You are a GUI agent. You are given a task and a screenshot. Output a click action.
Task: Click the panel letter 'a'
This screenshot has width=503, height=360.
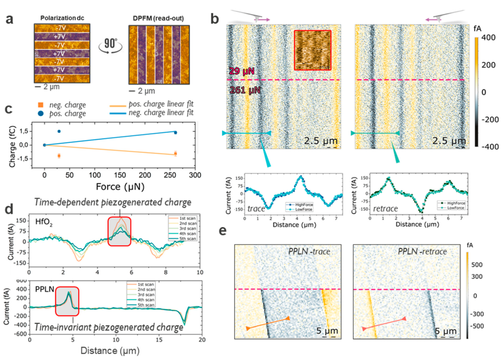click(10, 19)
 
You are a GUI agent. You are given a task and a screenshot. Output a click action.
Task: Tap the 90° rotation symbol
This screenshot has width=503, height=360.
click(110, 45)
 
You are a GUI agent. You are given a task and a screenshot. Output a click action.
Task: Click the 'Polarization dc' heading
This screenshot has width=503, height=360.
click(62, 18)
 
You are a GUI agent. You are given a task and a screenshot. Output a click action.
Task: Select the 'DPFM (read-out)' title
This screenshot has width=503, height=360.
click(158, 18)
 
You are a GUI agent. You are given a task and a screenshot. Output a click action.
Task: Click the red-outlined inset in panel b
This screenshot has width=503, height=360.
click(312, 50)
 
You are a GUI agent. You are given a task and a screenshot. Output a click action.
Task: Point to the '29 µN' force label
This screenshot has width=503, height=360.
click(242, 71)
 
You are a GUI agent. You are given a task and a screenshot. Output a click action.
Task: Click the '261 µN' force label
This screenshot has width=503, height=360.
click(245, 90)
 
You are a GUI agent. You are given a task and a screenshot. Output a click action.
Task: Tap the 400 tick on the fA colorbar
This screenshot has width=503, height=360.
click(488, 37)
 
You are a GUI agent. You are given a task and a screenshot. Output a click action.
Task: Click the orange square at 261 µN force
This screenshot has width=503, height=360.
click(175, 154)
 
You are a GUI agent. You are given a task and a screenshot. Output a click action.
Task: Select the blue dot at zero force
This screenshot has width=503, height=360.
click(45, 145)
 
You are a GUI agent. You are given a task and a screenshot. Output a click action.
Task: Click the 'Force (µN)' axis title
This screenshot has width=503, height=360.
click(120, 186)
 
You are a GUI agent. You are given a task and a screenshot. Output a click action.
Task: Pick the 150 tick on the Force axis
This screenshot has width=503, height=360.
click(120, 175)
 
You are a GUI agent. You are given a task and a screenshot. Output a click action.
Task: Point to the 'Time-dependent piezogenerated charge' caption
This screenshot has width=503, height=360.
click(112, 202)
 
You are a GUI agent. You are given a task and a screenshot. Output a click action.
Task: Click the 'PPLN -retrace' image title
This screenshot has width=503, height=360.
click(422, 252)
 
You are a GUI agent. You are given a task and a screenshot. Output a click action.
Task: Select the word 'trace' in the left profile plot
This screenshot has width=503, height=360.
click(256, 209)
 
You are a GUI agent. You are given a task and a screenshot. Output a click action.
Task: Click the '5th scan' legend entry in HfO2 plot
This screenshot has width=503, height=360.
click(188, 238)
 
